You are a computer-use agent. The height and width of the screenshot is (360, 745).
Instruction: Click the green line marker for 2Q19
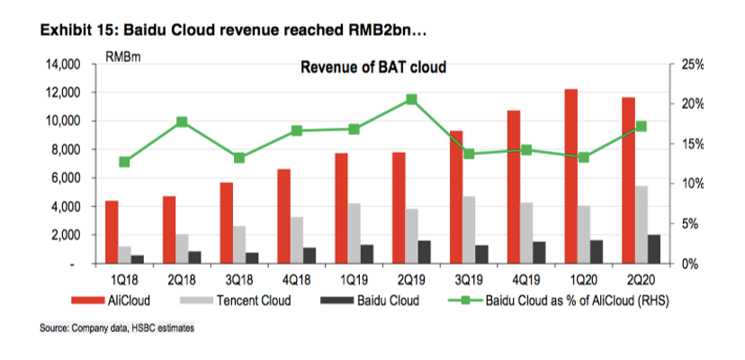[411, 99]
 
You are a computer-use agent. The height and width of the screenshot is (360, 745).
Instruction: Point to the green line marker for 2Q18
[183, 121]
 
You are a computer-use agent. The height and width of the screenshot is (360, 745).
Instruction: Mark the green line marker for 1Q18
[124, 162]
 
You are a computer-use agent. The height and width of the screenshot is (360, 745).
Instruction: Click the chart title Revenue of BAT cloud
[373, 67]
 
